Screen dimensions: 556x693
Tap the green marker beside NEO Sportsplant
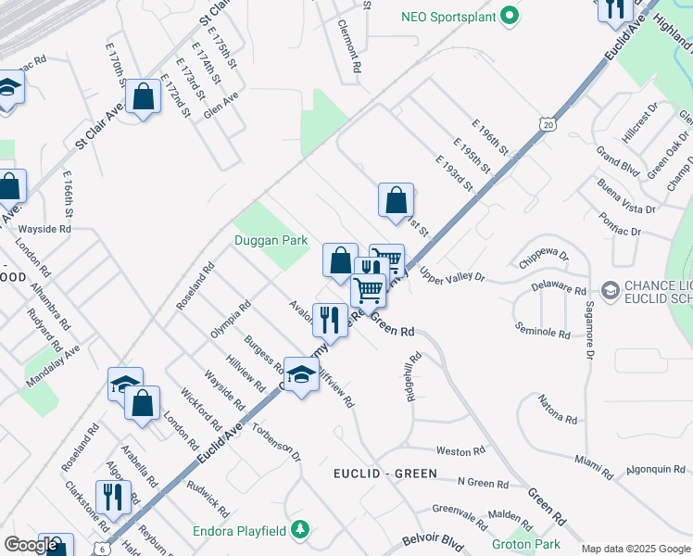click(509, 17)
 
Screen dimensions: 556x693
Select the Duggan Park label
click(271, 240)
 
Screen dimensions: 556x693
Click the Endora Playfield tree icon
click(299, 530)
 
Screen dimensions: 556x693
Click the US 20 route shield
click(549, 123)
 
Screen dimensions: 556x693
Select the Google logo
click(30, 545)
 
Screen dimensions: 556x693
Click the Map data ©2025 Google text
click(636, 549)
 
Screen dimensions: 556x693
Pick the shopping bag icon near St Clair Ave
click(143, 96)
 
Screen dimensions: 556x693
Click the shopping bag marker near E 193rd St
click(396, 199)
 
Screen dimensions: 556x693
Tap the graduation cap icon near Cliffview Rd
click(300, 374)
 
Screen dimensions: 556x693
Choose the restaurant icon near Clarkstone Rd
click(113, 496)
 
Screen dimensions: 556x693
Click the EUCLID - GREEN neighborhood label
click(384, 474)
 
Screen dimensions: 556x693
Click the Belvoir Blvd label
click(432, 540)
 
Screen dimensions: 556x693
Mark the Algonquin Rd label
click(656, 470)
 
